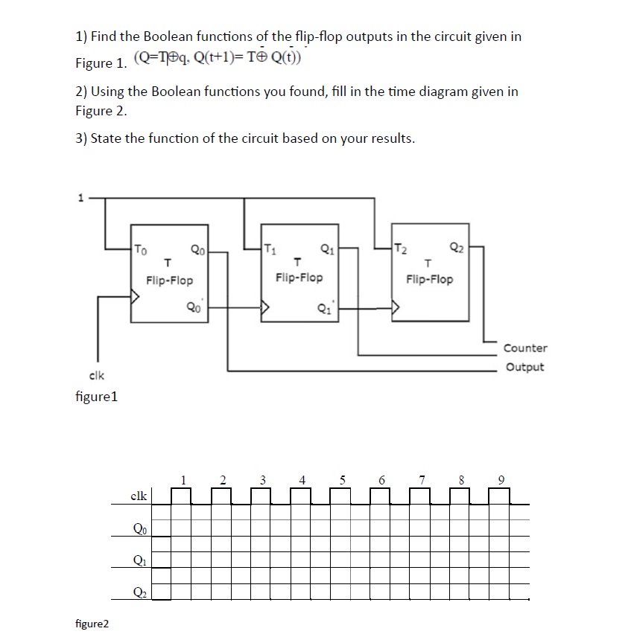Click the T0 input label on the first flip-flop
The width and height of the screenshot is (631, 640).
(x=142, y=250)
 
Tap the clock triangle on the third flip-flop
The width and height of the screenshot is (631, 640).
(x=396, y=305)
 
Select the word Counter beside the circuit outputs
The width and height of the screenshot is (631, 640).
(x=525, y=348)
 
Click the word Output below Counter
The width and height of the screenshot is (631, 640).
(x=524, y=367)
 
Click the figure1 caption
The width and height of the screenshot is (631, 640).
(x=97, y=397)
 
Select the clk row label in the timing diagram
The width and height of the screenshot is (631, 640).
(x=139, y=495)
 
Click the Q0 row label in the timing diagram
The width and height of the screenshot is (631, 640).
(x=139, y=530)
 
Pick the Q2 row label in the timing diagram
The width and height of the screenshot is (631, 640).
(x=139, y=592)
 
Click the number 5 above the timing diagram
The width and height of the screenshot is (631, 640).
(x=343, y=480)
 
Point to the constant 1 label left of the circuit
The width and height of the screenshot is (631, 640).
(x=75, y=199)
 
